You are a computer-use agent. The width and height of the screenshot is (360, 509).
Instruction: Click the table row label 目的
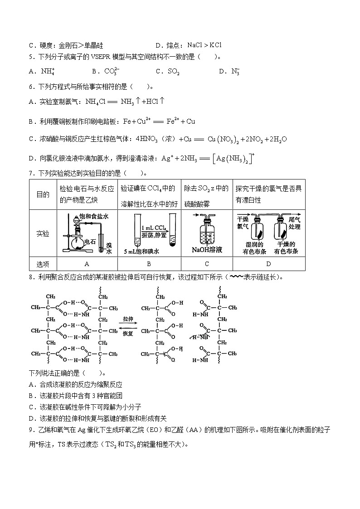pyautogui.click(x=43, y=194)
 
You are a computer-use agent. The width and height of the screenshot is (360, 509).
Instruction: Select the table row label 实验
pyautogui.click(x=43, y=234)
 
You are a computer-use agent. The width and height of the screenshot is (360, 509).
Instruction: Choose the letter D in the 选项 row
pyautogui.click(x=268, y=264)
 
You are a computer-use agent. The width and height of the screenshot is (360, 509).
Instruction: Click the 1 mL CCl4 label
pyautogui.click(x=153, y=227)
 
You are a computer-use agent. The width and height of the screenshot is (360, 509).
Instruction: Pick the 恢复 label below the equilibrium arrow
pyautogui.click(x=128, y=333)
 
